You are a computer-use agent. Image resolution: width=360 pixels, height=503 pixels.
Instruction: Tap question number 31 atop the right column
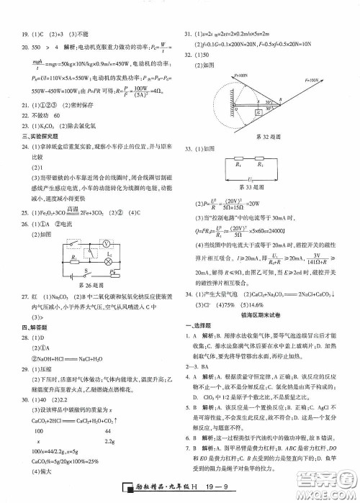pyautogui.click(x=189, y=33)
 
